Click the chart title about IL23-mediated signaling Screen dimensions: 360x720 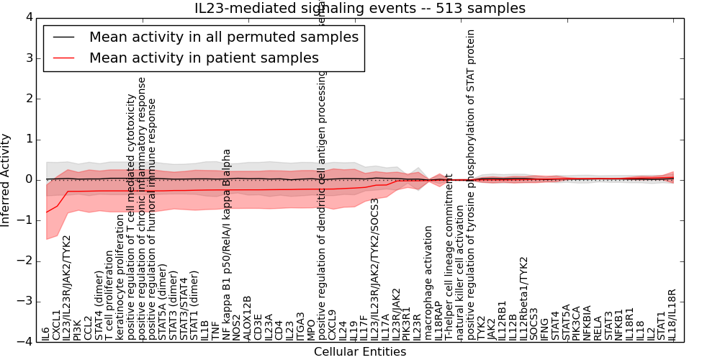[x=359, y=8]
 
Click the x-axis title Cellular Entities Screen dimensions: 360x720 [x=359, y=352]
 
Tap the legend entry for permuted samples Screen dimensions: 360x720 [x=223, y=37]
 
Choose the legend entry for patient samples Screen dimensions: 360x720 [x=204, y=58]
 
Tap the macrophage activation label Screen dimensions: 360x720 [x=428, y=283]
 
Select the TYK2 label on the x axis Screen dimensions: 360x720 [x=481, y=328]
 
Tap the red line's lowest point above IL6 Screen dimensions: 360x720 [x=46, y=212]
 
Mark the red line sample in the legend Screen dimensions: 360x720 [x=64, y=58]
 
